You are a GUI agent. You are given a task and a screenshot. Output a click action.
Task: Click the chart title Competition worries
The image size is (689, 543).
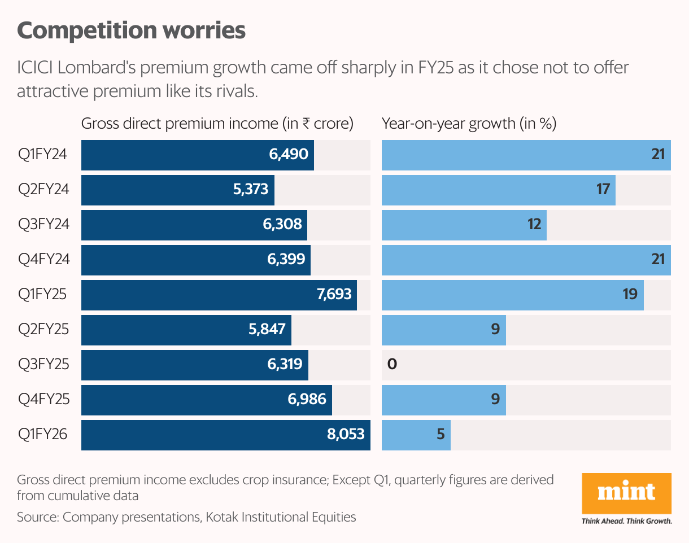click(x=131, y=30)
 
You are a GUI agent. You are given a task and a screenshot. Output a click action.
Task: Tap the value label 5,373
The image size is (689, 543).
click(x=250, y=190)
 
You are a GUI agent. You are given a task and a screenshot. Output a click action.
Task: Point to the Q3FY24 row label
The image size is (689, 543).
click(x=43, y=225)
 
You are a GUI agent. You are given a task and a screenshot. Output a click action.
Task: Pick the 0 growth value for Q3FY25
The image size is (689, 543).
click(x=392, y=365)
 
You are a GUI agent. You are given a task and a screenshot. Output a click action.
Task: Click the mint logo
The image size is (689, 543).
click(x=626, y=493)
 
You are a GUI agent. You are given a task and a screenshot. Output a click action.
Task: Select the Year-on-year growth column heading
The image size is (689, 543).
click(x=469, y=124)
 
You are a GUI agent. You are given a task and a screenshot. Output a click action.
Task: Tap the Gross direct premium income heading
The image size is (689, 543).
click(x=217, y=124)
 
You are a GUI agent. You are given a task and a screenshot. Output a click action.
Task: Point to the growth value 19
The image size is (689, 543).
click(x=630, y=295)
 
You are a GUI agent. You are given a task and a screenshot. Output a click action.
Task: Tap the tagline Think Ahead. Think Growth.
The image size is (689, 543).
click(x=626, y=521)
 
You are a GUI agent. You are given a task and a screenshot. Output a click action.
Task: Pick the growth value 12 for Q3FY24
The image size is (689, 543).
click(x=534, y=225)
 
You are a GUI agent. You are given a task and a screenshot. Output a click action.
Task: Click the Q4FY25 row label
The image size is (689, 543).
click(x=43, y=400)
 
